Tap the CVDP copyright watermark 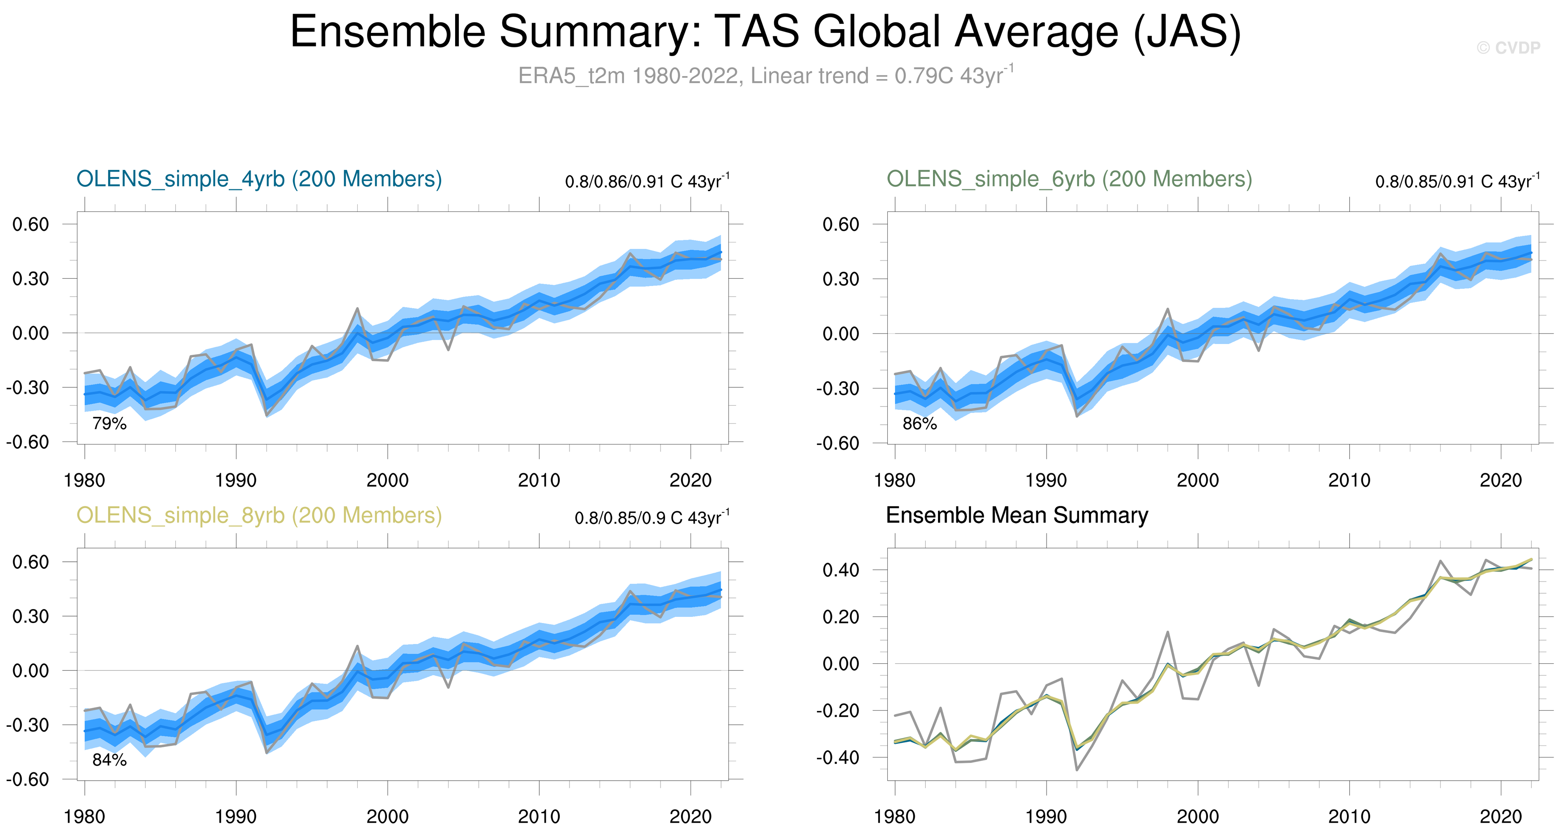(1507, 48)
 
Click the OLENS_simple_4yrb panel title (259, 179)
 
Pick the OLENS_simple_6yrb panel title (1069, 179)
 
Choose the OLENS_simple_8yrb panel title (259, 516)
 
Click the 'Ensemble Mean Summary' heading (1017, 516)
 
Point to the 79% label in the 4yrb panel (109, 424)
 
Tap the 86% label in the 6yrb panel (919, 424)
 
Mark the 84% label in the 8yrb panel (109, 760)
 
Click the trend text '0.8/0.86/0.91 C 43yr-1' (647, 181)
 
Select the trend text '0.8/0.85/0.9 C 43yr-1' (651, 518)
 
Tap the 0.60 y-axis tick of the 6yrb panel (840, 225)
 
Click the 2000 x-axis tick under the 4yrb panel (387, 481)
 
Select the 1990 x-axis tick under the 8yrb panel (236, 817)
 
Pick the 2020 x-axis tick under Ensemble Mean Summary (1501, 817)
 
